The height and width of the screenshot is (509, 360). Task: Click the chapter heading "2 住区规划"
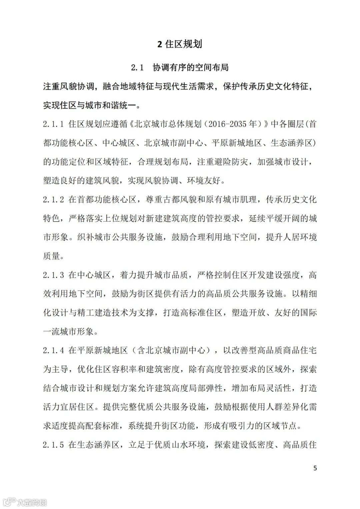coord(180,44)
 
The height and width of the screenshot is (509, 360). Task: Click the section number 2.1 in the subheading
coord(137,68)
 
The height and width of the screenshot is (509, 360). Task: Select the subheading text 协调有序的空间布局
coord(191,68)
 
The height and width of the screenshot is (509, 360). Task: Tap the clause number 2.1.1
coord(53,124)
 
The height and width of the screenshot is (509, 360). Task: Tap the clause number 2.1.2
coord(53,200)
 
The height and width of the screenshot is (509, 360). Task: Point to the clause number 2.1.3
coord(53,275)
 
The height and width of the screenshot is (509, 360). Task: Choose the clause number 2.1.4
coord(53,350)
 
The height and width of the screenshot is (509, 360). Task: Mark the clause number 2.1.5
coord(53,445)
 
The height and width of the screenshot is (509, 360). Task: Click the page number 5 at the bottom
coord(315,468)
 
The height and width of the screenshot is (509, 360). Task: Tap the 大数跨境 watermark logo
coord(25,501)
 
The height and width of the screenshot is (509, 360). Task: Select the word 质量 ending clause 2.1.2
coord(51,256)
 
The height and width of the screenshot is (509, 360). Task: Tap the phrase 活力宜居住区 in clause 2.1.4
coord(69,407)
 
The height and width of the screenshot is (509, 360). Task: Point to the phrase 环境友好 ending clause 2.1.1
coord(204,181)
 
